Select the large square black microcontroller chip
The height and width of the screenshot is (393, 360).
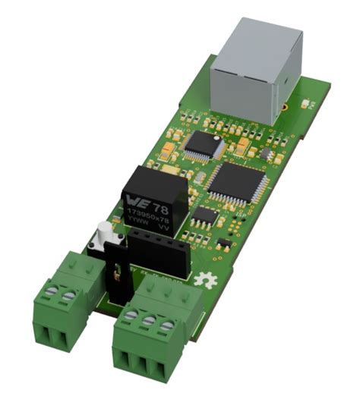tap(236, 182)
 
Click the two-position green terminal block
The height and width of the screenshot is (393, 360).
tap(67, 303)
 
